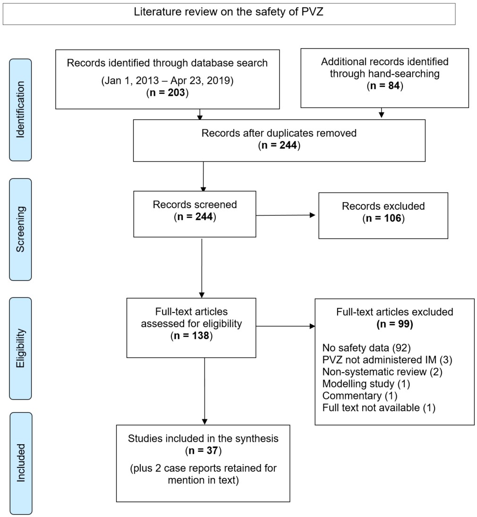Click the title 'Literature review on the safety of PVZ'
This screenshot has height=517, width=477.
coord(229,13)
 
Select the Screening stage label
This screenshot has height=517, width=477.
coord(20,229)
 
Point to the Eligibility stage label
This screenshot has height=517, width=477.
coord(20,348)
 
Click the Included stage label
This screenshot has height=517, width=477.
coord(20,463)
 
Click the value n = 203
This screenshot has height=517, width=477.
coord(167,93)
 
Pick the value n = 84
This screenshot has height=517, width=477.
coord(384,85)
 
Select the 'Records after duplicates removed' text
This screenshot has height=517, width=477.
coord(279,133)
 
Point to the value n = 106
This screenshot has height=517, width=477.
coord(383,219)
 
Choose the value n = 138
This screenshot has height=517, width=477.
coord(192,336)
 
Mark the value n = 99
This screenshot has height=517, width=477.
coord(394,324)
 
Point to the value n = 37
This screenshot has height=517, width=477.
coord(203,450)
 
